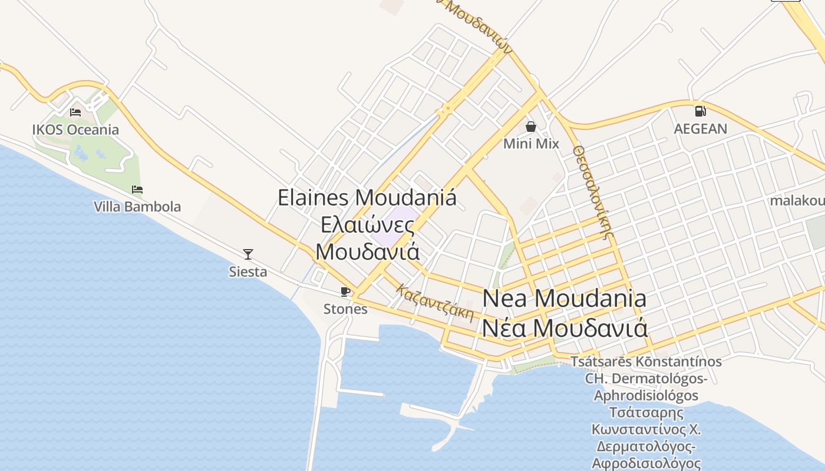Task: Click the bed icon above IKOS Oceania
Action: coord(75,112)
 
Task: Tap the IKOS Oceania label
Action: coord(75,130)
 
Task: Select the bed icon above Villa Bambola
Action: coord(137,190)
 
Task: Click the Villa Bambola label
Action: coord(137,207)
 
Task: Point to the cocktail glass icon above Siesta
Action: coord(248,254)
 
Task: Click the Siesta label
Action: coord(248,272)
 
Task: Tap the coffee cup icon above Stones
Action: coord(345,291)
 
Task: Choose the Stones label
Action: coord(345,309)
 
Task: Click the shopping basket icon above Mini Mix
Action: coord(531,127)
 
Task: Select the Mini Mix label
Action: coord(531,144)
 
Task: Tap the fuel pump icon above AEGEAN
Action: coord(700,111)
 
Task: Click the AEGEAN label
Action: coord(700,128)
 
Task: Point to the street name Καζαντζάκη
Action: coord(435,303)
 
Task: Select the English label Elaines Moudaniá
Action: coord(367,198)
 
